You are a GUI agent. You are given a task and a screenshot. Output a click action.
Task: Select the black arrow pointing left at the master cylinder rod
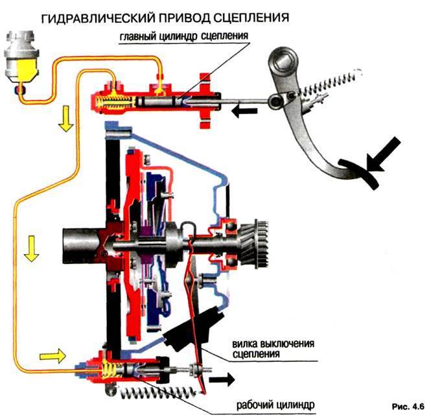244,112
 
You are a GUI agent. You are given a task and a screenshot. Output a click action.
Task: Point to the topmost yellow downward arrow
65,119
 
